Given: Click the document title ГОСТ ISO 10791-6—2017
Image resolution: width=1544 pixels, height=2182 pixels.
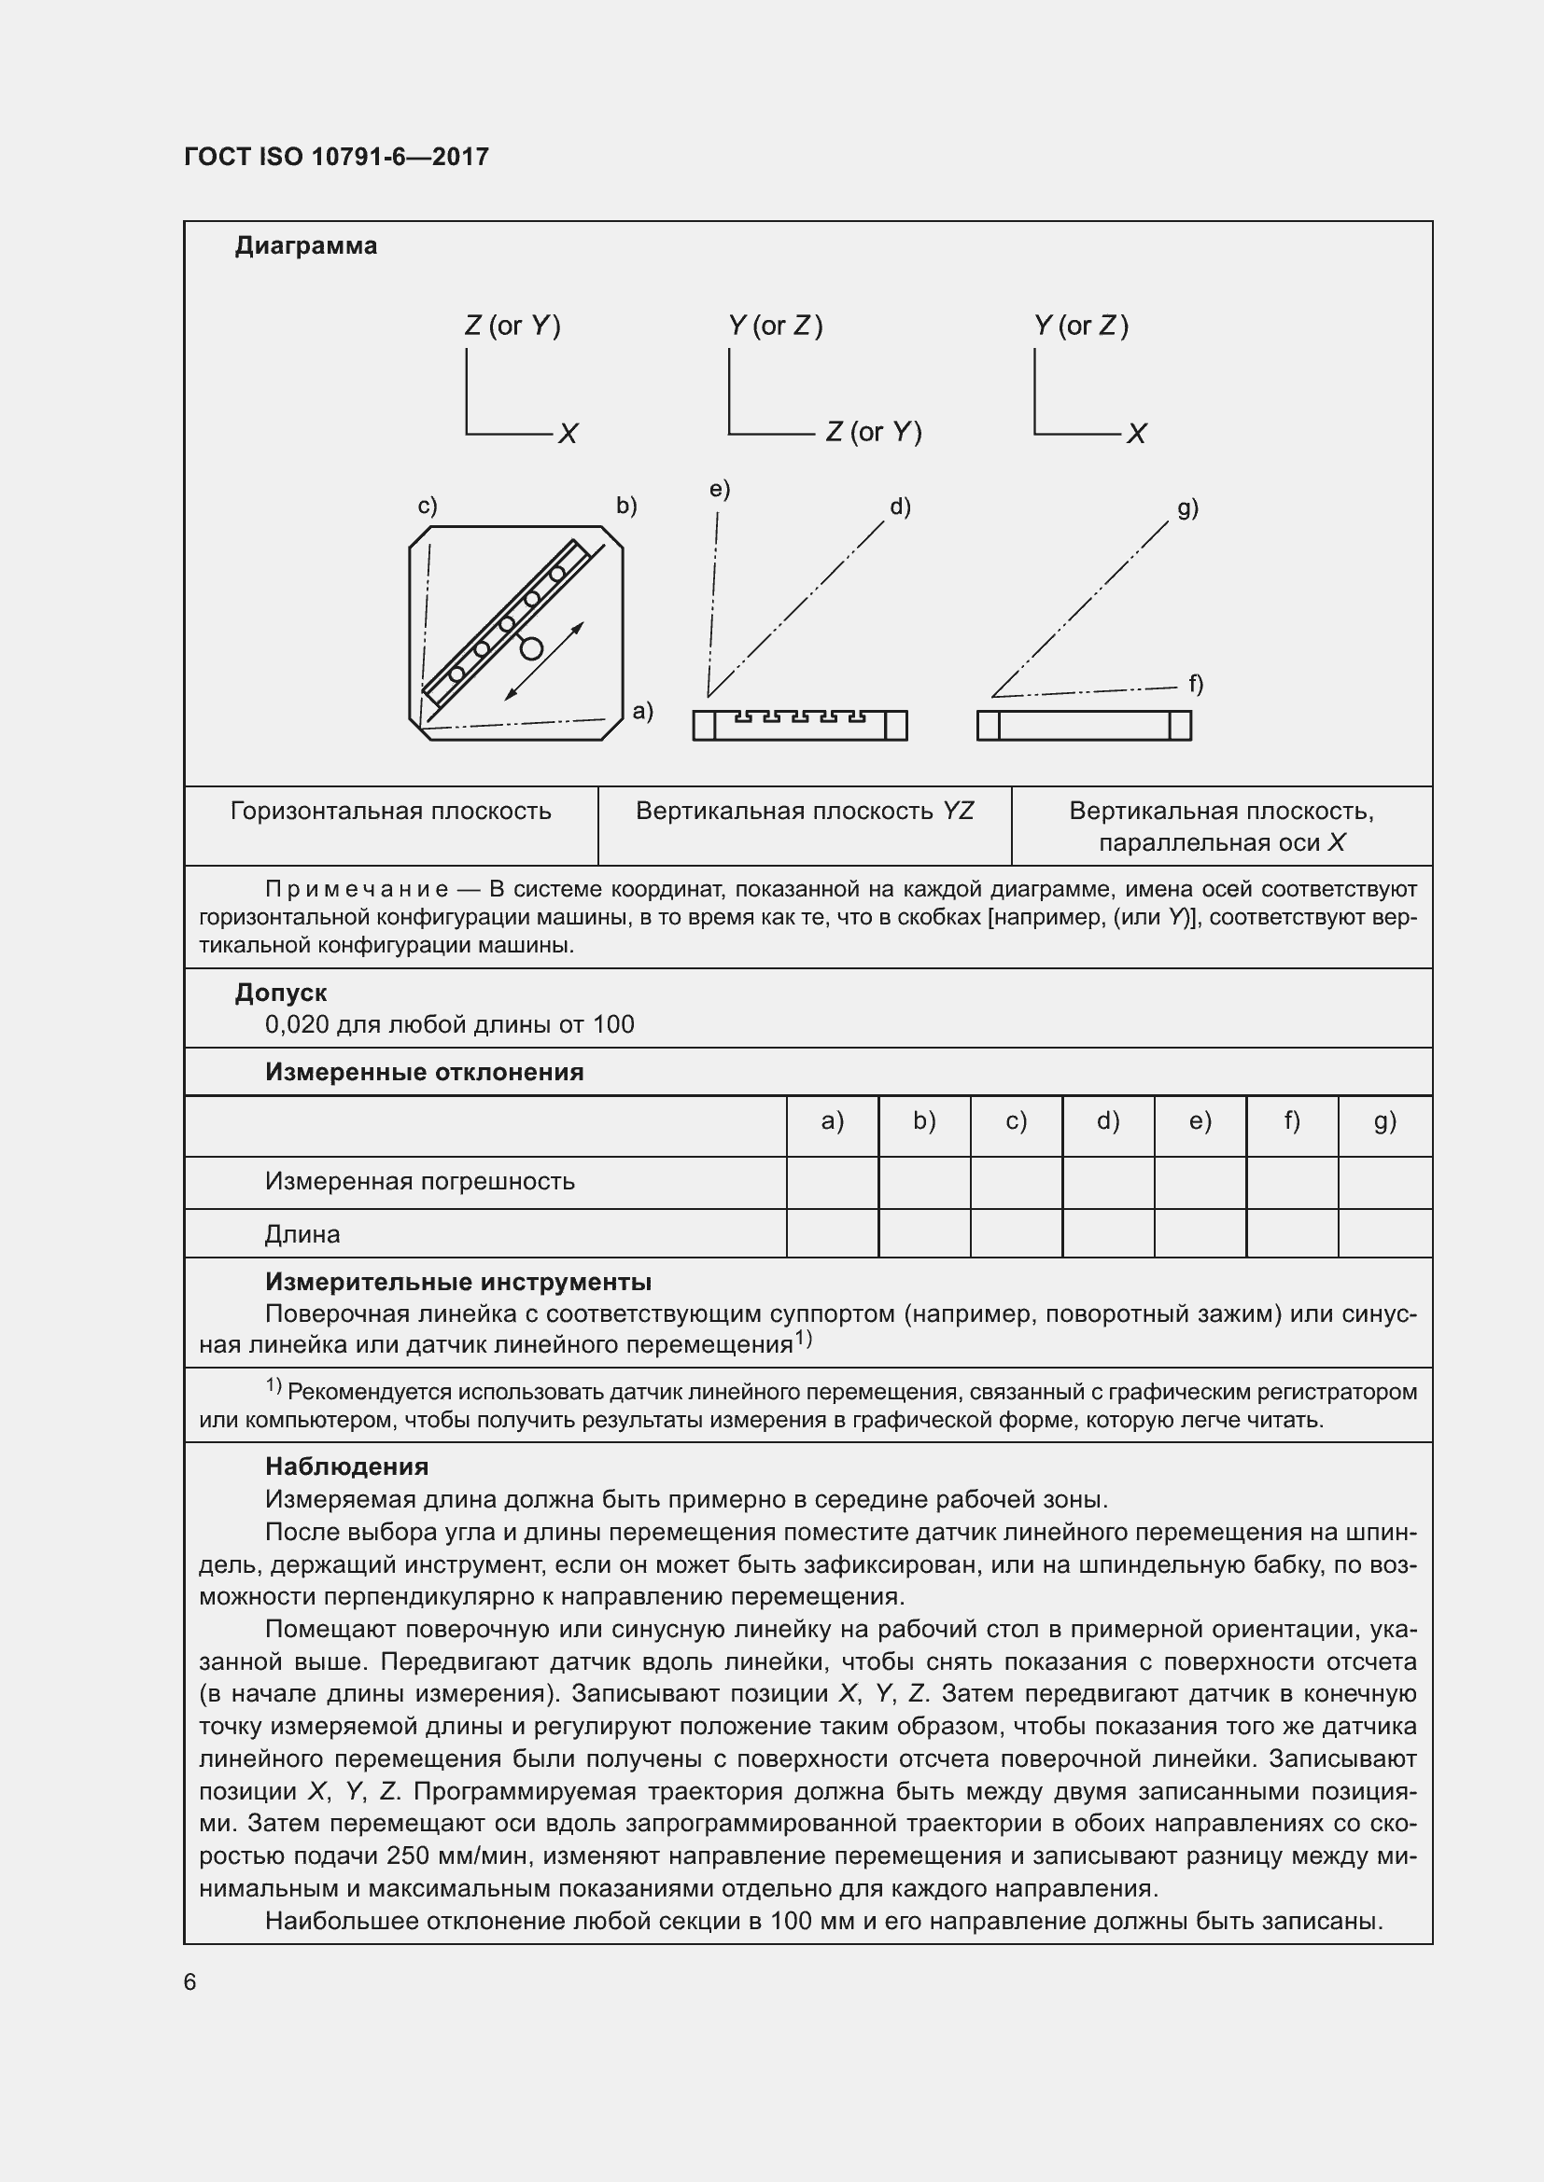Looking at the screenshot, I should point(336,157).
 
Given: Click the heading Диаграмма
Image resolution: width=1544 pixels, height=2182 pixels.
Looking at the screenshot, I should point(305,246).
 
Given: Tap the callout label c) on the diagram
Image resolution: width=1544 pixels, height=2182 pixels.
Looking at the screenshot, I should point(428,506).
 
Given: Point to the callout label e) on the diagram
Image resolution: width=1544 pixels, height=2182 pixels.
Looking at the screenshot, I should point(719,489).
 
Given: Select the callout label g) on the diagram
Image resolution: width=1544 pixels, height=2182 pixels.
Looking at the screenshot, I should point(1187,507).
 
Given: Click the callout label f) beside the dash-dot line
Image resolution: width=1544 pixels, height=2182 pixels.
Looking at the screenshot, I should point(1195,683).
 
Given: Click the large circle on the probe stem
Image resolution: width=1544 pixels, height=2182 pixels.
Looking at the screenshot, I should point(531,649).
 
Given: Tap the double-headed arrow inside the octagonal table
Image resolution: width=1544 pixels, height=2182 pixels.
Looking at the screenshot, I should point(544,661).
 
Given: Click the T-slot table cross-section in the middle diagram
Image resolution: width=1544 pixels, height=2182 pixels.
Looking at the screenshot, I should point(800,725).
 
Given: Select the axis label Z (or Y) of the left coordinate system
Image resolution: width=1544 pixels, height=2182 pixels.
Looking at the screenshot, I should point(512,326).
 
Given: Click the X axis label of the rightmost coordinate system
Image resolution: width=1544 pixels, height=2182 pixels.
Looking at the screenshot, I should point(1137,435).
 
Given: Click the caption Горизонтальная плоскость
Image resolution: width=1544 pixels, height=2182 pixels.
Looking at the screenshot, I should point(391,811).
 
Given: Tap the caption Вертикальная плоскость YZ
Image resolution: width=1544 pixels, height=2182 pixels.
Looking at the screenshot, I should point(805,811).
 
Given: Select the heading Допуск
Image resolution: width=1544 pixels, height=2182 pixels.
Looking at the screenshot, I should point(280,993).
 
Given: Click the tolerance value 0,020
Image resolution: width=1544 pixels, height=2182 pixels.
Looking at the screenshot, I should point(297,1024).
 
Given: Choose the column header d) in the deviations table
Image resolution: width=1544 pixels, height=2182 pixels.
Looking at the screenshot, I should point(1108,1121).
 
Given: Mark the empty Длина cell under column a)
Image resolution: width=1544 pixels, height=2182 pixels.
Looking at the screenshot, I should point(832,1233).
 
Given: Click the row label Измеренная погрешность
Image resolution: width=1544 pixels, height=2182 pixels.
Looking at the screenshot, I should point(419,1181).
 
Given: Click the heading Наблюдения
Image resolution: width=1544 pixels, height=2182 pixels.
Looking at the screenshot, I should point(346,1466).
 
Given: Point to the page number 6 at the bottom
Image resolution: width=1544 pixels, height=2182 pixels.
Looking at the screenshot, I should point(190,1981).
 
